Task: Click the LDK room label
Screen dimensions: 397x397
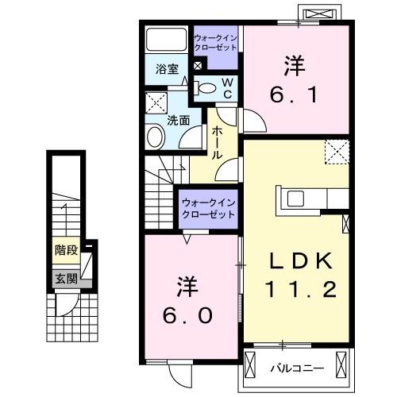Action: [297, 261]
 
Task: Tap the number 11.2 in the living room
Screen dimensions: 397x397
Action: [297, 291]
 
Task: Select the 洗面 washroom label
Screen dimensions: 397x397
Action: [178, 121]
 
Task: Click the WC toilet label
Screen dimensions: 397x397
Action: [225, 87]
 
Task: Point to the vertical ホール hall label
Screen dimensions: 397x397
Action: [216, 144]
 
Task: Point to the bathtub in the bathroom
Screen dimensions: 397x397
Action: [165, 40]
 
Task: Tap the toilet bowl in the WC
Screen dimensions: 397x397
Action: [206, 88]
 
